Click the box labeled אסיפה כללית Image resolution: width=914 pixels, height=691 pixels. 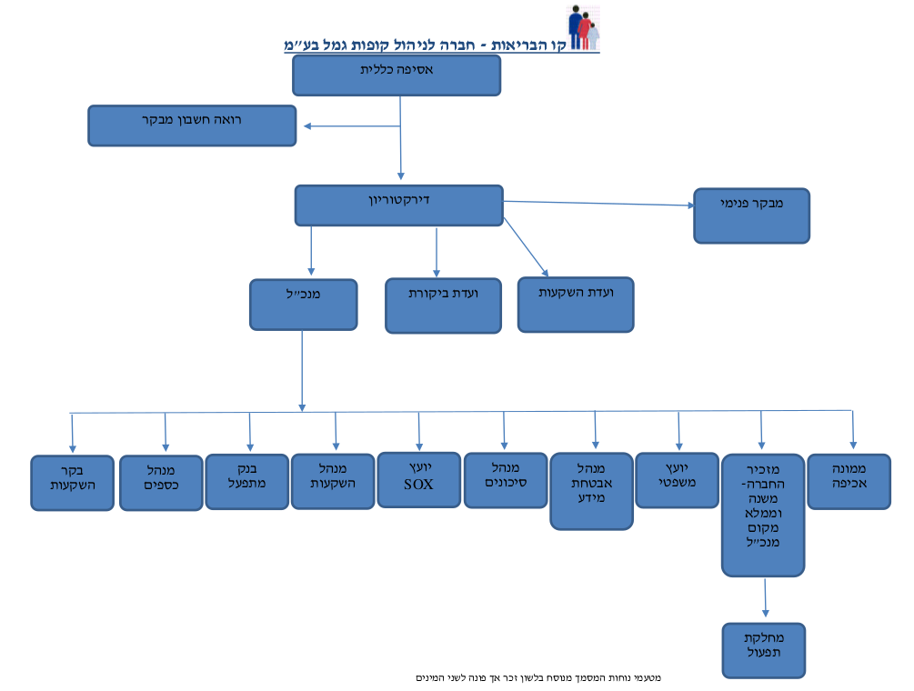tap(397, 75)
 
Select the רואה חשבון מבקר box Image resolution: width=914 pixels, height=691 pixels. tap(192, 125)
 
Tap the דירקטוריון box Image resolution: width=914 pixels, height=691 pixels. tap(398, 205)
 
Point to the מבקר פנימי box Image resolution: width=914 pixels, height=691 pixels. tap(751, 215)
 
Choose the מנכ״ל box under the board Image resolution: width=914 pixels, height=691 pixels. tap(303, 305)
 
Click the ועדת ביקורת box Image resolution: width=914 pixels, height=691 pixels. tap(443, 305)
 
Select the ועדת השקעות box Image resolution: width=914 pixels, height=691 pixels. tap(576, 305)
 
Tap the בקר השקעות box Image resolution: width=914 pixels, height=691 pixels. tap(72, 483)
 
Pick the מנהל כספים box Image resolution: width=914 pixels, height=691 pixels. tap(161, 483)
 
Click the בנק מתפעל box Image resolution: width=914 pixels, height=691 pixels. tap(247, 482)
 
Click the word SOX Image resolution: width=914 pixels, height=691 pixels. tap(418, 485)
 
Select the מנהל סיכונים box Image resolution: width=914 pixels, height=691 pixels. tap(506, 481)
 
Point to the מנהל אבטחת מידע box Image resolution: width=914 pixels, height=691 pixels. tap(592, 491)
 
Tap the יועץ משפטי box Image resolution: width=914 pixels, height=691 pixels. tap(677, 480)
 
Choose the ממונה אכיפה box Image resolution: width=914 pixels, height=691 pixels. tap(849, 482)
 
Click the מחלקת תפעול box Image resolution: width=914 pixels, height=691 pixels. tap(764, 651)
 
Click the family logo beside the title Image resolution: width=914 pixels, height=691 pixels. tap(584, 27)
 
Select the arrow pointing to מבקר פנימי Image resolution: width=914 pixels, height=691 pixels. tap(598, 204)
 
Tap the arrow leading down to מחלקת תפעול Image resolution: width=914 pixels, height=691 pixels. tap(765, 597)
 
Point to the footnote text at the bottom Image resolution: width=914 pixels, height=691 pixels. tap(538, 677)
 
